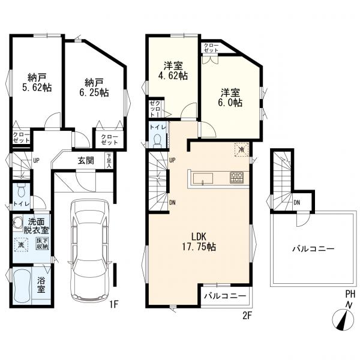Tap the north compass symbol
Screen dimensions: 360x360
pyautogui.click(x=344, y=320)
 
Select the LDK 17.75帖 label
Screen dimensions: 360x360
pyautogui.click(x=199, y=241)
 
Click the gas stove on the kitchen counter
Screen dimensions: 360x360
pyautogui.click(x=237, y=178)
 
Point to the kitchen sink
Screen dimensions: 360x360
pyautogui.click(x=203, y=179)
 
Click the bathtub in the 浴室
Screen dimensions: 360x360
pyautogui.click(x=22, y=286)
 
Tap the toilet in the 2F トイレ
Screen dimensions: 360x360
pyautogui.click(x=157, y=140)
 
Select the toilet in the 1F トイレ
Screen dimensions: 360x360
pyautogui.click(x=21, y=191)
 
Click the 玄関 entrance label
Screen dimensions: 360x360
pyautogui.click(x=86, y=160)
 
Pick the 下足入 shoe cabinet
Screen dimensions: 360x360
pyautogui.click(x=109, y=160)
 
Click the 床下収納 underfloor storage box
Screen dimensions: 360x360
pyautogui.click(x=42, y=244)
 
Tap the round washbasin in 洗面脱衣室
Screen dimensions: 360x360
pyautogui.click(x=17, y=222)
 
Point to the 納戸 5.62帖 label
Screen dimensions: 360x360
pyautogui.click(x=37, y=82)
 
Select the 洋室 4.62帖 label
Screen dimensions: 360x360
pyautogui.click(x=173, y=71)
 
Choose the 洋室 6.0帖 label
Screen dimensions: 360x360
pyautogui.click(x=230, y=98)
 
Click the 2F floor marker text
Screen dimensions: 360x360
pyautogui.click(x=247, y=316)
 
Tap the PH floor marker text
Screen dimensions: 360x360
pyautogui.click(x=350, y=293)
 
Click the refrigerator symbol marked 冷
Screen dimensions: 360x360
pyautogui.click(x=242, y=149)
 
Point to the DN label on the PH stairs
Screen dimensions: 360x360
pyautogui.click(x=297, y=203)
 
